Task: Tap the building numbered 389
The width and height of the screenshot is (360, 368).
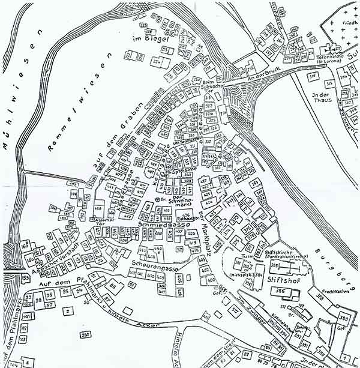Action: click(344, 318)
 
